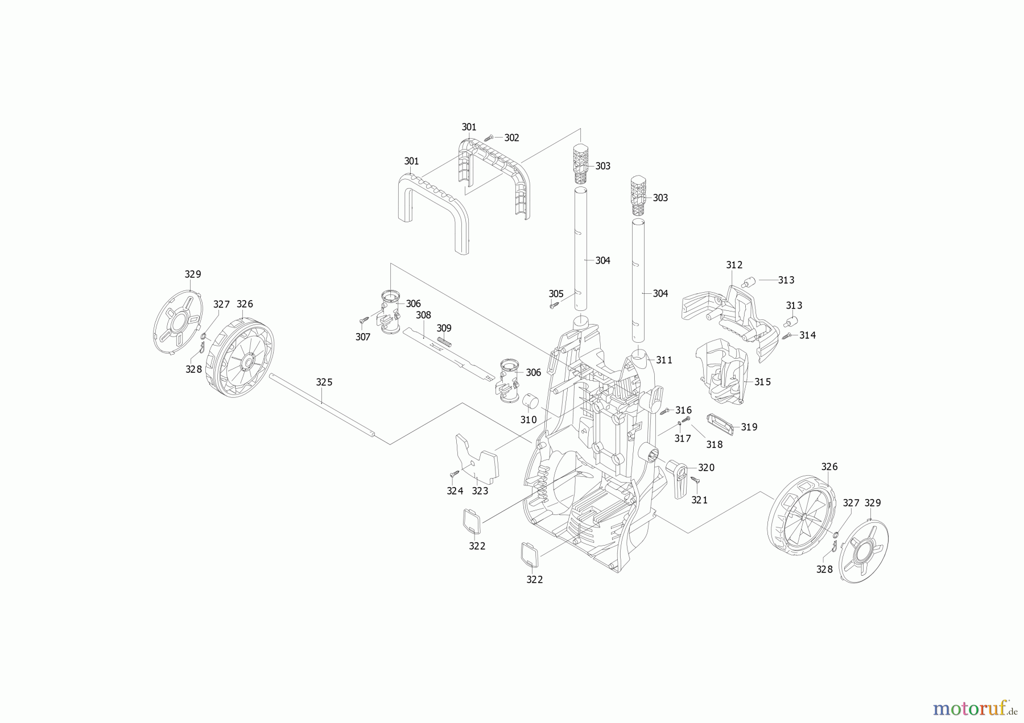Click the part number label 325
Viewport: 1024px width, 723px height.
click(x=324, y=382)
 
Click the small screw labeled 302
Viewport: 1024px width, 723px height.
click(x=489, y=138)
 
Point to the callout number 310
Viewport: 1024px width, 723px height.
click(x=528, y=419)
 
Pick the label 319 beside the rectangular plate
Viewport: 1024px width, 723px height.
click(x=749, y=426)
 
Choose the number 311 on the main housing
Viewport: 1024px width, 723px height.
click(x=664, y=360)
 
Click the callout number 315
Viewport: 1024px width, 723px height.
click(x=762, y=381)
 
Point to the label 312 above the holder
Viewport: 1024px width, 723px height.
click(x=734, y=265)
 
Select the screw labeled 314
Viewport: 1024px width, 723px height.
click(x=787, y=336)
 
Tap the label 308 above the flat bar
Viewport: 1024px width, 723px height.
click(x=423, y=315)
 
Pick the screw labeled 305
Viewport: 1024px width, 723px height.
click(x=552, y=306)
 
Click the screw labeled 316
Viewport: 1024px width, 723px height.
click(x=663, y=411)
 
